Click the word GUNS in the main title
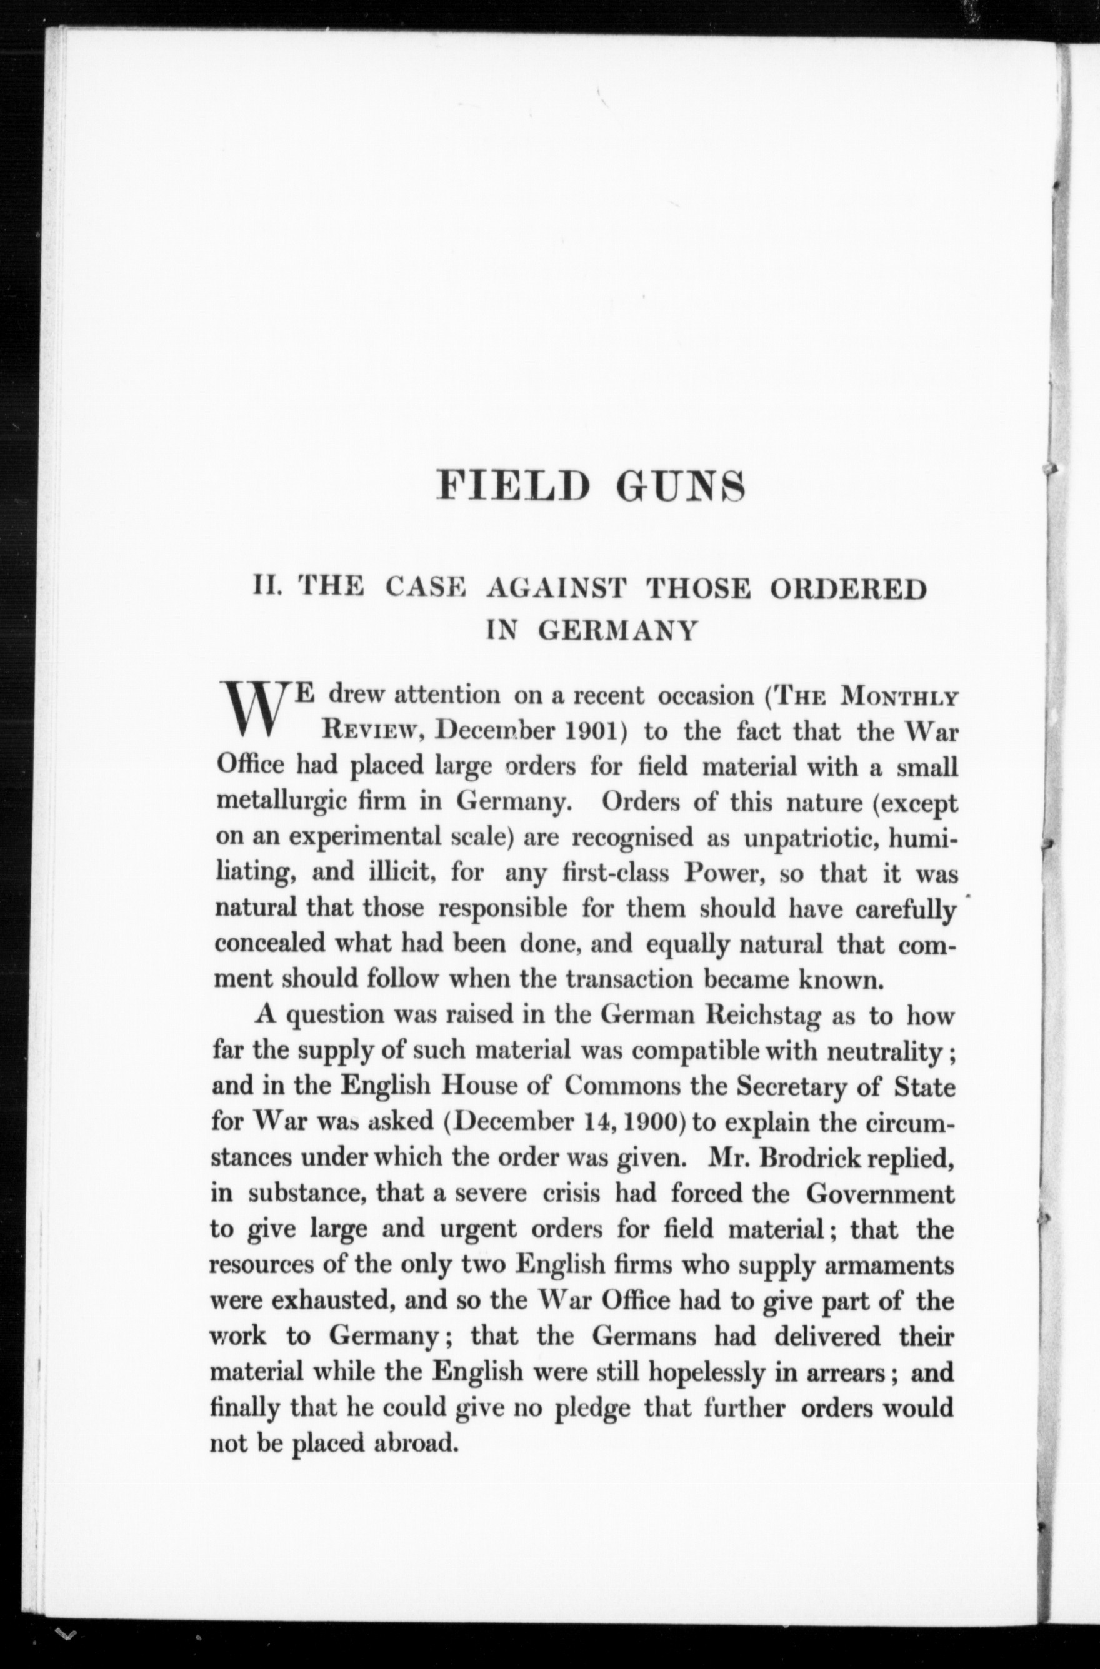point(680,486)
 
